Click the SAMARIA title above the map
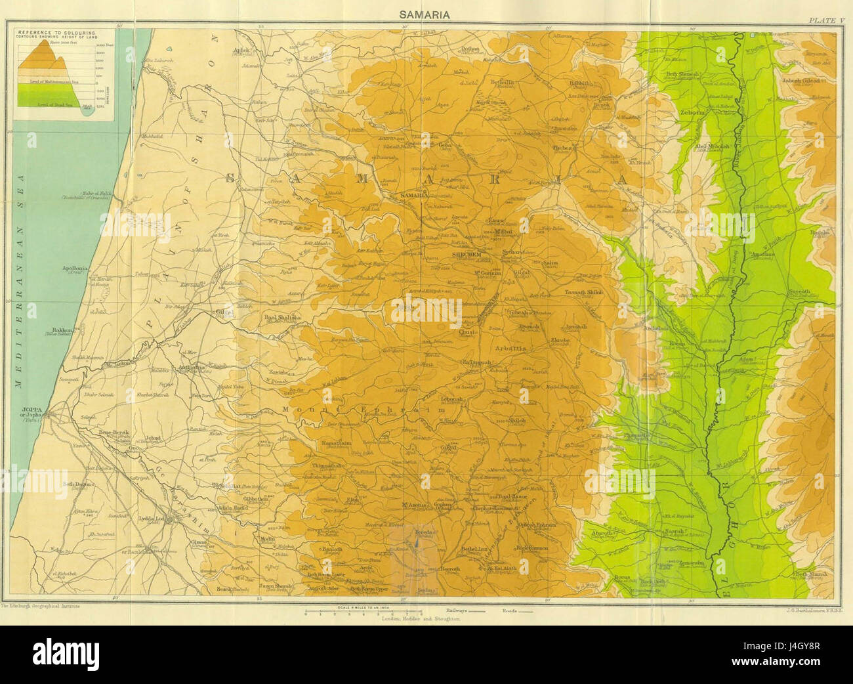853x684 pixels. (427, 14)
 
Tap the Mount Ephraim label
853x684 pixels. (364, 409)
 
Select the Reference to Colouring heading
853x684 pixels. (56, 32)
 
